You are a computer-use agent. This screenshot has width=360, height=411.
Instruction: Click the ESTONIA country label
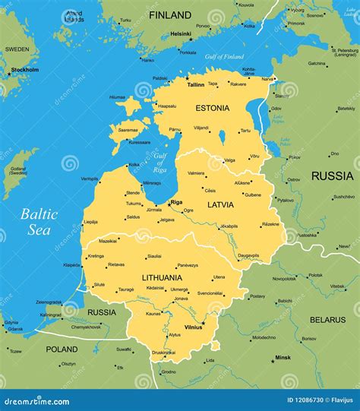(212, 108)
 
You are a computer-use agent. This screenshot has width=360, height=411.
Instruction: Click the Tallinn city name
(197, 85)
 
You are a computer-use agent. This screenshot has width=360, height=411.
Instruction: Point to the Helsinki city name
(181, 33)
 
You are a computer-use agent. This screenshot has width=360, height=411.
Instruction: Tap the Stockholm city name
(25, 70)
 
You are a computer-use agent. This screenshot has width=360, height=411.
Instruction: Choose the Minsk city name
(283, 357)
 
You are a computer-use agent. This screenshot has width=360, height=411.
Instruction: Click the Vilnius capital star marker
(203, 322)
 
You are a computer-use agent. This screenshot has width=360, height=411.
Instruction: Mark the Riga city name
(176, 202)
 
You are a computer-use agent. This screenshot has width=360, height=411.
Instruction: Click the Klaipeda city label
(72, 265)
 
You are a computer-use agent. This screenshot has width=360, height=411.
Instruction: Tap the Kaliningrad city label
(51, 315)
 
